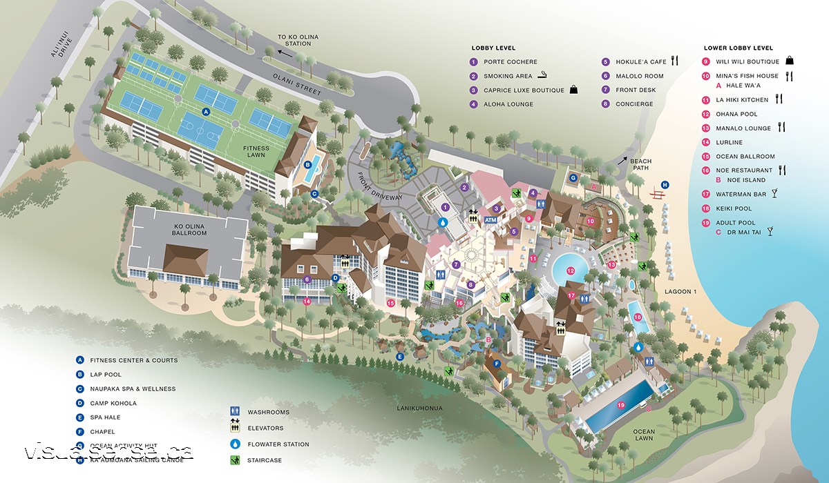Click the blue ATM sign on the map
pyautogui.click(x=490, y=220)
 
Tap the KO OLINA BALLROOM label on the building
pyautogui.click(x=189, y=228)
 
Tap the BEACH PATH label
pyautogui.click(x=640, y=166)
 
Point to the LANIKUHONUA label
pyautogui.click(x=420, y=408)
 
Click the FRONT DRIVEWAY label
pyautogui.click(x=379, y=186)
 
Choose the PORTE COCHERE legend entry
pyautogui.click(x=510, y=61)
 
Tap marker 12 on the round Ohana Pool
pyautogui.click(x=571, y=271)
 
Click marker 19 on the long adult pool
pyautogui.click(x=620, y=405)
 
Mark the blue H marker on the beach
pyautogui.click(x=665, y=184)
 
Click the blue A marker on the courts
pyautogui.click(x=205, y=110)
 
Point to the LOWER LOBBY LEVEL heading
pyautogui.click(x=738, y=48)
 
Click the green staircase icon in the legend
pyautogui.click(x=236, y=460)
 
